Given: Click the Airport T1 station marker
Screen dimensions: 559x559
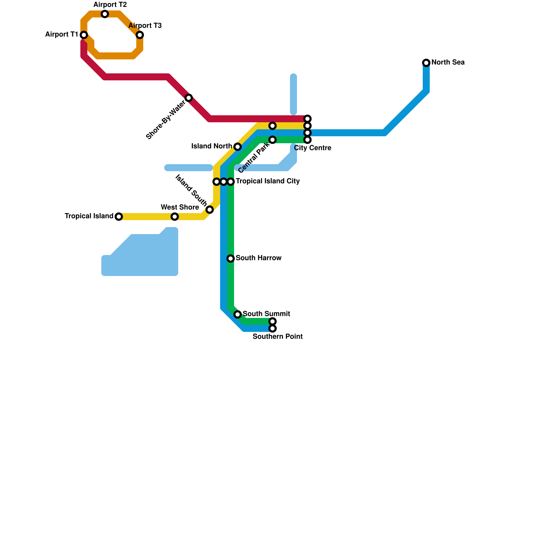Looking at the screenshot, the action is (x=84, y=35).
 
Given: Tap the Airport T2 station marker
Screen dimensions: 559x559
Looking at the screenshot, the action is (x=105, y=14).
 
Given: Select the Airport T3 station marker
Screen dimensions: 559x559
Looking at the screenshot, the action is (x=140, y=35).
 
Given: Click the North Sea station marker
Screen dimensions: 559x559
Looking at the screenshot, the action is (x=426, y=63).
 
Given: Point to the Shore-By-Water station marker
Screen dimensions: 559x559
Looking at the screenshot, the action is (x=189, y=98).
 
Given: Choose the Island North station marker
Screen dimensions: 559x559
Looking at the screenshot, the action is (x=238, y=147).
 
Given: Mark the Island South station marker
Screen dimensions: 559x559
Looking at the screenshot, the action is (x=210, y=210).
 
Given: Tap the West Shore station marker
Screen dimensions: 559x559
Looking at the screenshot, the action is (x=175, y=217).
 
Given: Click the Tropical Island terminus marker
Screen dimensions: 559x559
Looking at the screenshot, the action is (x=119, y=217).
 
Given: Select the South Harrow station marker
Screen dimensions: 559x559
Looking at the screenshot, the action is (x=231, y=259).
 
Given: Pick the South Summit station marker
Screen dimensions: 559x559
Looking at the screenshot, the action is (x=238, y=314).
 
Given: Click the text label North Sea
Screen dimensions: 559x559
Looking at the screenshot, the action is (x=448, y=63).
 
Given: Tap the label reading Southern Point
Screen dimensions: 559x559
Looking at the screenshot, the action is (x=277, y=337).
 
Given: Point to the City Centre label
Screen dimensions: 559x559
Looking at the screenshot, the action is (x=313, y=148).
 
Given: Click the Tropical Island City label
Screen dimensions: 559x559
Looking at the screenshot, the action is (x=268, y=181).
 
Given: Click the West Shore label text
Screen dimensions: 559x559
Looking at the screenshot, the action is (x=180, y=208).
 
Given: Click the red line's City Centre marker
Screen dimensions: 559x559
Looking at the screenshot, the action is (x=307, y=119).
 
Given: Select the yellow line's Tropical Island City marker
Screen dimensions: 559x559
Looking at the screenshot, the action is (x=217, y=182).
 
